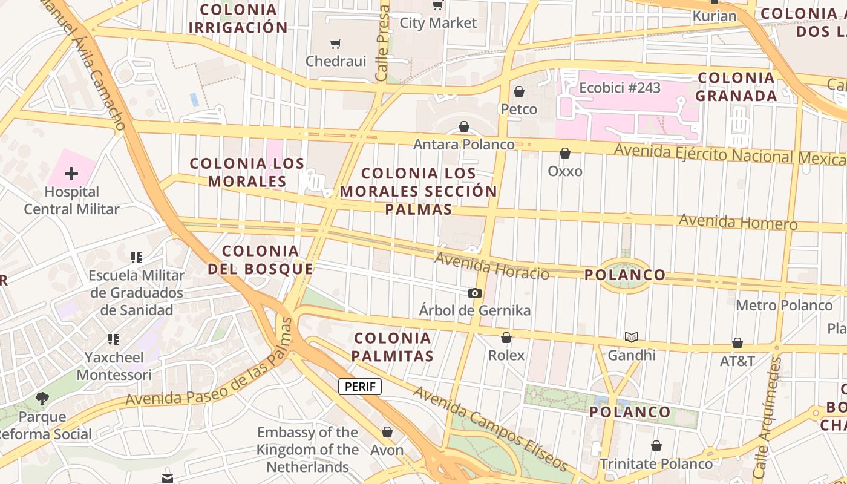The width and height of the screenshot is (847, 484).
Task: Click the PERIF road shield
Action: click(360, 387)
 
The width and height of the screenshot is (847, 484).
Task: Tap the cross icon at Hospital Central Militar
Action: click(71, 174)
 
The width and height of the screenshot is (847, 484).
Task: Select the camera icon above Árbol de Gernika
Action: click(475, 293)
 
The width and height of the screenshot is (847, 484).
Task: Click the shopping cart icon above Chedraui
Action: click(336, 44)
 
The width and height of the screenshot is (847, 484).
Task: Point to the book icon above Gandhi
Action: click(632, 338)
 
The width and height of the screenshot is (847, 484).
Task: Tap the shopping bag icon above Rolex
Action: click(506, 338)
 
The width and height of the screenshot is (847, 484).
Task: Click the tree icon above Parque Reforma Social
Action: click(42, 398)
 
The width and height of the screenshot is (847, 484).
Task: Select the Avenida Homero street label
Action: click(738, 221)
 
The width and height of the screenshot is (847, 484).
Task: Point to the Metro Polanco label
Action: click(784, 305)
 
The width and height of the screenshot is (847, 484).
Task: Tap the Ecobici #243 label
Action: click(620, 88)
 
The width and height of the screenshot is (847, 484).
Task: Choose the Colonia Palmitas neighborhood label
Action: click(393, 347)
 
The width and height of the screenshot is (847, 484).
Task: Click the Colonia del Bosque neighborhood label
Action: click(261, 260)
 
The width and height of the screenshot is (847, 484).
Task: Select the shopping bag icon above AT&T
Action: click(737, 344)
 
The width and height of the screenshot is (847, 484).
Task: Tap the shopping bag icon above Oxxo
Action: click(565, 154)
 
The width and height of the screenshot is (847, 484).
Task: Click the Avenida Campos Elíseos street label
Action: click(491, 429)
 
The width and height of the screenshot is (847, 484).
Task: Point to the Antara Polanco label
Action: click(464, 145)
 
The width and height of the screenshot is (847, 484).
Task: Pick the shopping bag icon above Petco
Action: click(519, 91)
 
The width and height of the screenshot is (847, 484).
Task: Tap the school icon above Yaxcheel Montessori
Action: click(114, 339)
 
